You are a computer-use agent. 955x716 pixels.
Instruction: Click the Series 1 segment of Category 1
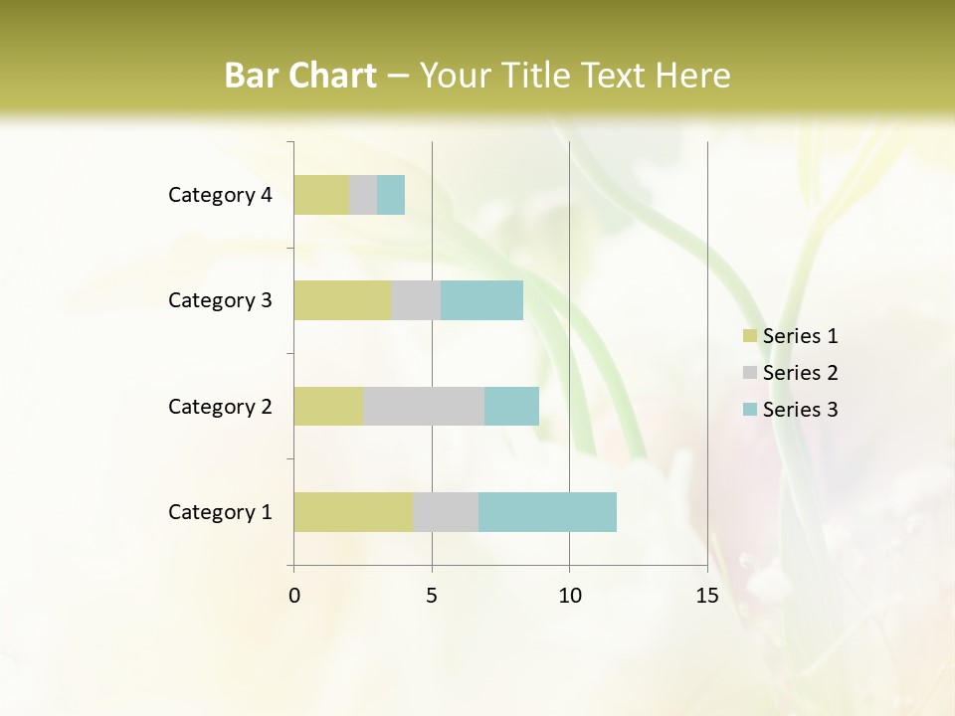tap(353, 512)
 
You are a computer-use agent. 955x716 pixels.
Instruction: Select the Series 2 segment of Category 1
tap(446, 512)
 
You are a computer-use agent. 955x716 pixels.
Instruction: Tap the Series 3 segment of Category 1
tap(547, 512)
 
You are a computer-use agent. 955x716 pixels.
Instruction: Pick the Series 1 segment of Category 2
tap(328, 406)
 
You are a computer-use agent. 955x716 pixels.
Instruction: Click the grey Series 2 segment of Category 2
tap(424, 406)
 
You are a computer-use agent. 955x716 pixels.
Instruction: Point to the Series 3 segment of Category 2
tap(511, 406)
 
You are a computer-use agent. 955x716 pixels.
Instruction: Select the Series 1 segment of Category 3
tap(342, 300)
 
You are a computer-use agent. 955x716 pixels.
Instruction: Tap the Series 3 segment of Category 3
tap(481, 300)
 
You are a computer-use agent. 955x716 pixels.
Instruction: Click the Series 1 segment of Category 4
tap(321, 195)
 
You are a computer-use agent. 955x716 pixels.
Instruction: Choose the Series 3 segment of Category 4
tap(391, 195)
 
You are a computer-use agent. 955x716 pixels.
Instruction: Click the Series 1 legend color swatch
tap(749, 336)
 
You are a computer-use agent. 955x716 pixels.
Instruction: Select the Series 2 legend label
tap(800, 373)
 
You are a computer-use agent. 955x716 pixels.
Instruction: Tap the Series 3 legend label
tap(800, 410)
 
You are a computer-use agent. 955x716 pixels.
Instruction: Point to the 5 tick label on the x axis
tap(432, 596)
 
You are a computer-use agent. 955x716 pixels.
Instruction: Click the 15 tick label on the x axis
tap(706, 596)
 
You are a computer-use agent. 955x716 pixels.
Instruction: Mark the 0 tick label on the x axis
tap(294, 596)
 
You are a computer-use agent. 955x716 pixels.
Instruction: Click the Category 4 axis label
tap(220, 195)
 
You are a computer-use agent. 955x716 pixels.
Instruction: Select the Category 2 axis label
tap(220, 406)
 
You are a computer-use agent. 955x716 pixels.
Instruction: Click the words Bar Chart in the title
tap(300, 76)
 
